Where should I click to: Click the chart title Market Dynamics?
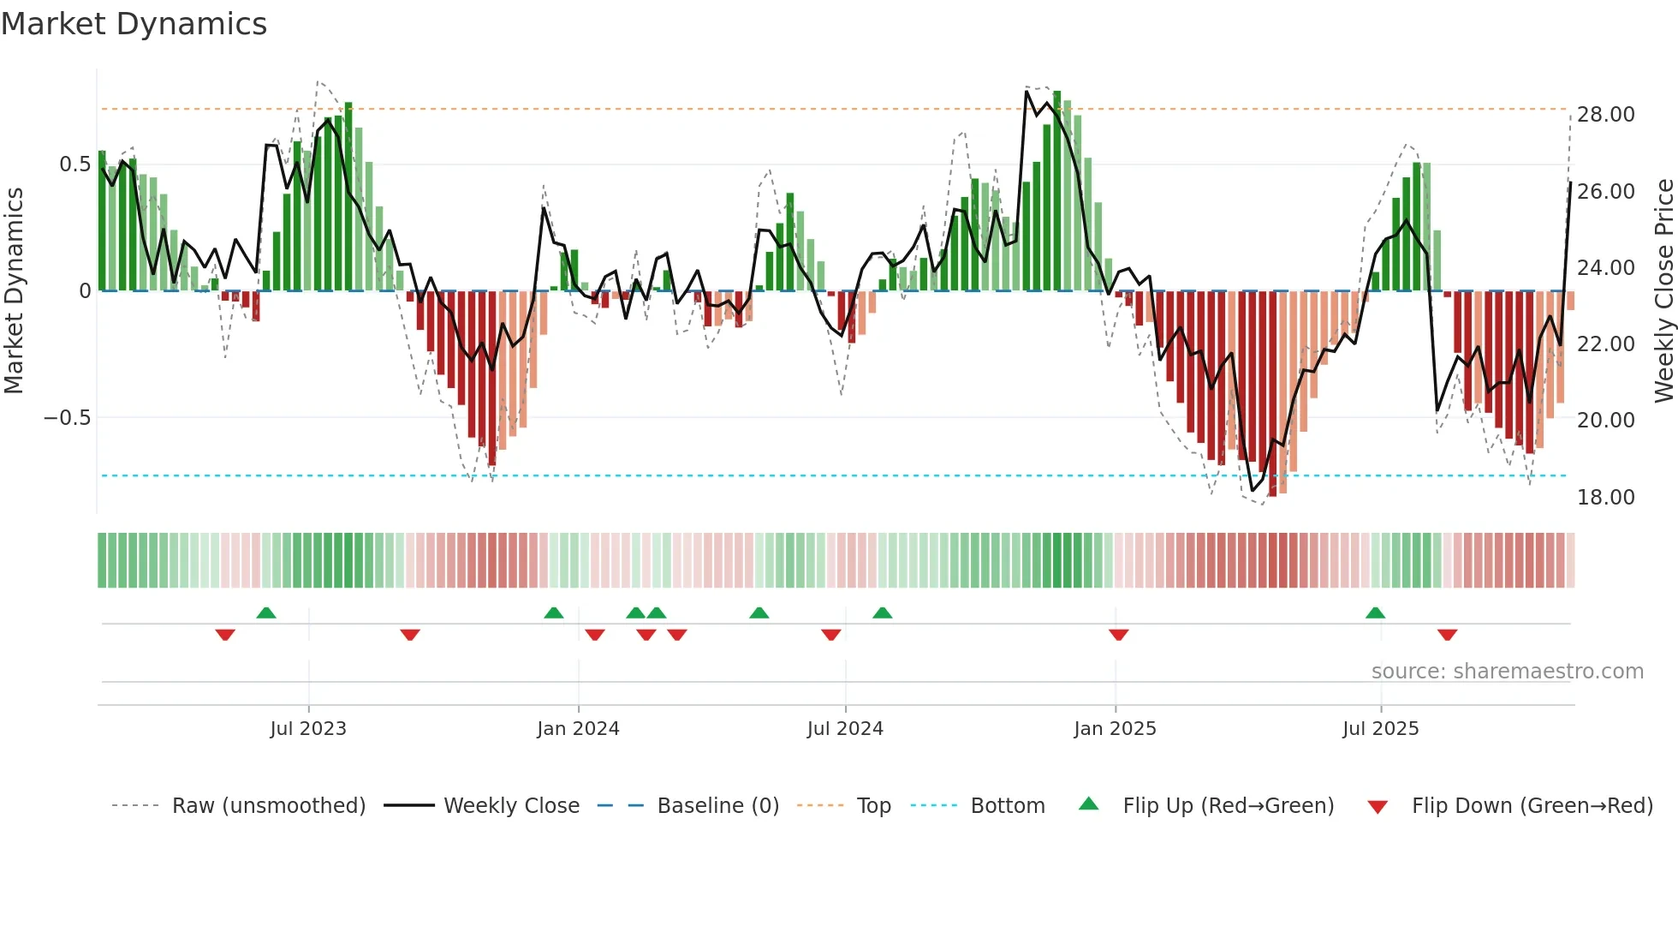(x=134, y=24)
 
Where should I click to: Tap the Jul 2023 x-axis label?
(x=308, y=729)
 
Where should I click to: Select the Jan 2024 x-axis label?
(x=578, y=729)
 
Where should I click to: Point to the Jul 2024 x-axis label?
(x=845, y=729)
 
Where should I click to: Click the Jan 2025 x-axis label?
(x=1115, y=729)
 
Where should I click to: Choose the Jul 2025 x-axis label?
(x=1380, y=729)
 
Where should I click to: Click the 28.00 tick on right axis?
(x=1605, y=115)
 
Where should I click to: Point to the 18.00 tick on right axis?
(x=1605, y=498)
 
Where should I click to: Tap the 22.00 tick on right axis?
(x=1605, y=344)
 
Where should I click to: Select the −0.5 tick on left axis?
(x=67, y=418)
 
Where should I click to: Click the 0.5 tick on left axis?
(x=74, y=164)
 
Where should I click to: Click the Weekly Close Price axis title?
(x=1663, y=291)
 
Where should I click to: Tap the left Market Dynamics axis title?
(x=14, y=291)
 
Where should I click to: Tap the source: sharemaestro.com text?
(x=1507, y=672)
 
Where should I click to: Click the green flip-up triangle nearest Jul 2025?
(x=1375, y=613)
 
